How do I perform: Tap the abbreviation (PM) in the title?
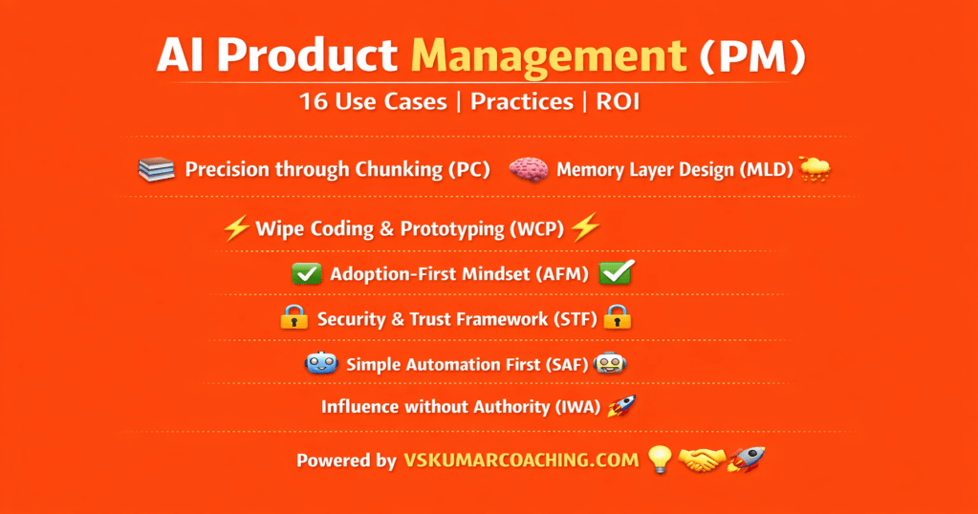point(752,56)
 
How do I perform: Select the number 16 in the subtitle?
point(313,101)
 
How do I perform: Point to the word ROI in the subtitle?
point(619,101)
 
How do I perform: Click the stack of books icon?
point(156,169)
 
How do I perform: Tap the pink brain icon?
point(529,170)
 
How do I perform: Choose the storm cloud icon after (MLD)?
point(815,169)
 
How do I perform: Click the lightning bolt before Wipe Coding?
point(236,228)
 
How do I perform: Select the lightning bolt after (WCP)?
point(585,226)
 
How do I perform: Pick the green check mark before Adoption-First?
point(307,273)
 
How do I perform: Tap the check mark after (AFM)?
point(617,272)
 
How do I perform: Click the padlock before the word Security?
point(293,317)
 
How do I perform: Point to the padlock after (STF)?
point(618,317)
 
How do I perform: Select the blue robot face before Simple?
point(321,363)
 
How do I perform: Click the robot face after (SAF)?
point(609,363)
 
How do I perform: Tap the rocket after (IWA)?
point(621,406)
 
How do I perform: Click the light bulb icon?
point(660,460)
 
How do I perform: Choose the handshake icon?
point(702,460)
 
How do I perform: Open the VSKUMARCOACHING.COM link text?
point(521,460)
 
